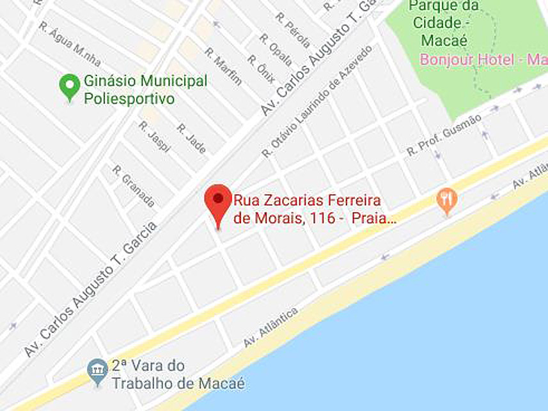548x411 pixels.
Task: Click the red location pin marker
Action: pyautogui.click(x=218, y=201)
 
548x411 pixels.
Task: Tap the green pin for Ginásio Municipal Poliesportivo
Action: pyautogui.click(x=70, y=86)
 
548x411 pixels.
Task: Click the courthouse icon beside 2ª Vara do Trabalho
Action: pyautogui.click(x=97, y=370)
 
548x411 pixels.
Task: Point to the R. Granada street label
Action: pyautogui.click(x=134, y=186)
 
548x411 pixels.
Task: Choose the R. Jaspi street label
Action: pyautogui.click(x=155, y=136)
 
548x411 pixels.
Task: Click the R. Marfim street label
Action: pyautogui.click(x=223, y=66)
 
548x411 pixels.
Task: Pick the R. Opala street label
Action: pyautogui.click(x=276, y=49)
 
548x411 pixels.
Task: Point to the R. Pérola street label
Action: pyautogui.click(x=293, y=30)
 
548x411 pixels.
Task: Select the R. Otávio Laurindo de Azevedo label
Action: pyautogui.click(x=317, y=102)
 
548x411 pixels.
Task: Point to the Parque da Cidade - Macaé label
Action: pyautogui.click(x=443, y=23)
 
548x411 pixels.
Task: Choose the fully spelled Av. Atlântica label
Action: pyautogui.click(x=270, y=327)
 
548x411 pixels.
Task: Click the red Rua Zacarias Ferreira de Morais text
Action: pyautogui.click(x=315, y=208)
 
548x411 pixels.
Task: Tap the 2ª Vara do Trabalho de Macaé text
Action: pyautogui.click(x=178, y=375)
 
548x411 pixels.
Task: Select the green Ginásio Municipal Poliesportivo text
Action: pyautogui.click(x=145, y=90)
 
